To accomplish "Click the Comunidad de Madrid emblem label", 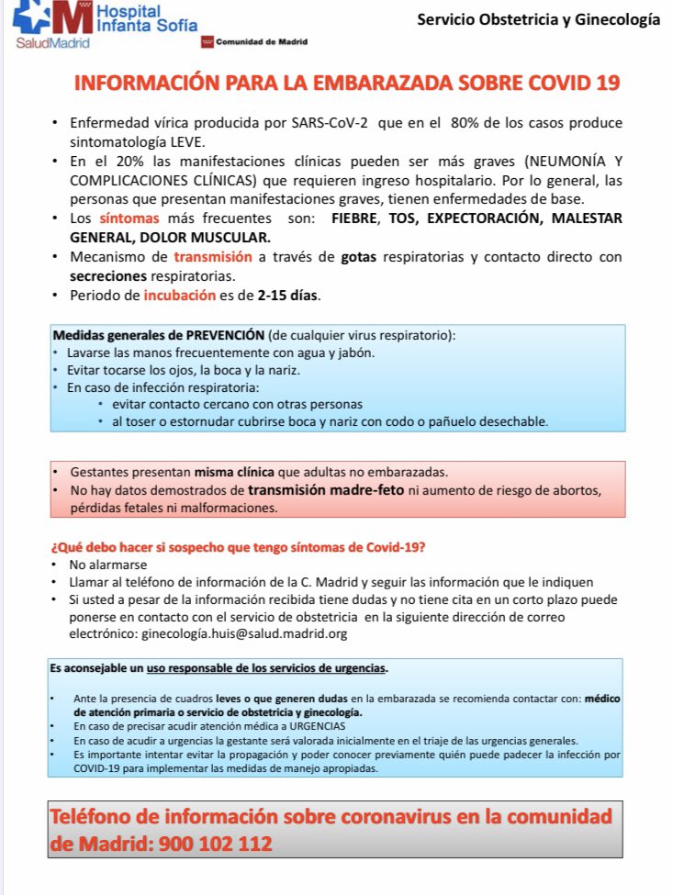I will (x=261, y=42).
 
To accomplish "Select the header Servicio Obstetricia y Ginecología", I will (x=538, y=19).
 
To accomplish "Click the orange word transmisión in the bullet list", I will (x=204, y=257).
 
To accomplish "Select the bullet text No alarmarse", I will (x=107, y=565).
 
